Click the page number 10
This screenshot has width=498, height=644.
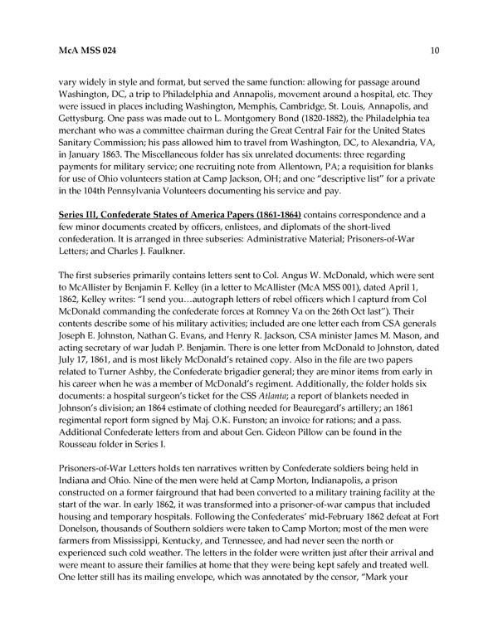tap(435, 51)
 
